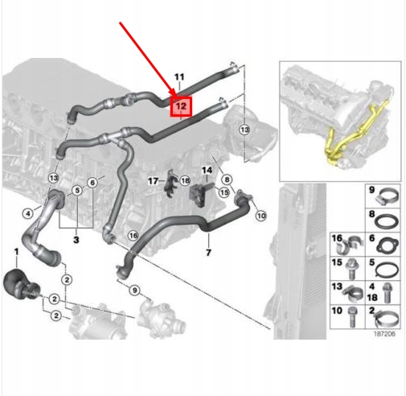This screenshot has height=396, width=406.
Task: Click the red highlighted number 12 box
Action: click(x=181, y=106)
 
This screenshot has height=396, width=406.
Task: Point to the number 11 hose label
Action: click(x=179, y=77)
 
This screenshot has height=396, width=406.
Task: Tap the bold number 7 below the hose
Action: click(x=208, y=253)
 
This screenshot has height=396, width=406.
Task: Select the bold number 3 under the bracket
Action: click(x=76, y=240)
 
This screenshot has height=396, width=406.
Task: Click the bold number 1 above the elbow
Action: click(x=17, y=252)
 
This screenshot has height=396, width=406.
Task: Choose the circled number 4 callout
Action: click(x=28, y=213)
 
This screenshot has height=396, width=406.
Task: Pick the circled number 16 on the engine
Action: click(x=133, y=236)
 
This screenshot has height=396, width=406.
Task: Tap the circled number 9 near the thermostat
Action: click(x=134, y=290)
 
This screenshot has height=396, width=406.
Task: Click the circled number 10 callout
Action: click(x=261, y=216)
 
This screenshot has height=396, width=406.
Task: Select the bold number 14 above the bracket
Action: click(x=207, y=171)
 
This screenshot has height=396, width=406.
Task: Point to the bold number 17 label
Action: click(x=153, y=181)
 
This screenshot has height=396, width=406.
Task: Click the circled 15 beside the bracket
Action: click(x=224, y=192)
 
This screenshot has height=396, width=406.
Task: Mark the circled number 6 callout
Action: click(x=92, y=183)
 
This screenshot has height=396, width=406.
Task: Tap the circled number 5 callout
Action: click(x=77, y=191)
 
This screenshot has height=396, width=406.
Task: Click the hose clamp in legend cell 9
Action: click(x=387, y=198)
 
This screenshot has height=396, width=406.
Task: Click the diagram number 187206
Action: click(x=384, y=334)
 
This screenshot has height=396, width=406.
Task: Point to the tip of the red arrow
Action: click(x=176, y=96)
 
